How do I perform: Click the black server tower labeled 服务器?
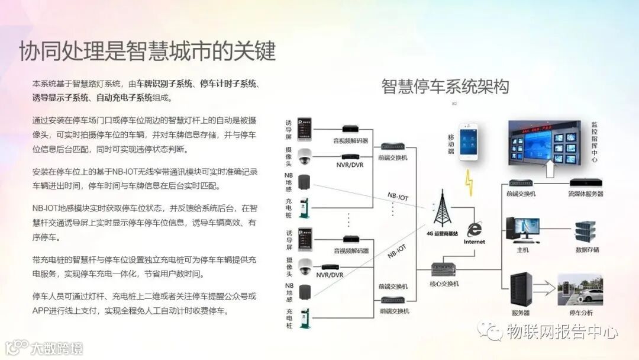521,290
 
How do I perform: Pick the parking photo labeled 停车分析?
580,290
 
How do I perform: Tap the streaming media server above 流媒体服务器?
585,183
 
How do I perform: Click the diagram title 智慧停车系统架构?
445,86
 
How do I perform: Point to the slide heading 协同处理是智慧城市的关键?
147,52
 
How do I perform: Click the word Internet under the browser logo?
474,242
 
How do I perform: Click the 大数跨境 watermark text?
57,348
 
